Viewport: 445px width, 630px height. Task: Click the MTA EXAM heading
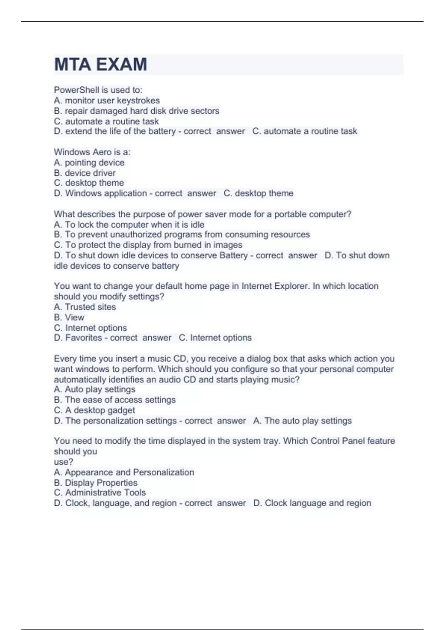pyautogui.click(x=100, y=64)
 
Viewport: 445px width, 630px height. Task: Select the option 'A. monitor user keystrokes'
pyautogui.click(x=107, y=100)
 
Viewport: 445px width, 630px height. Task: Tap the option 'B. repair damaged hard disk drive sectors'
pyautogui.click(x=136, y=111)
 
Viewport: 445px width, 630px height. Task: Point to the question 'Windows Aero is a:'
pyautogui.click(x=92, y=152)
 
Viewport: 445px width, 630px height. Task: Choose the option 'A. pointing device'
pyautogui.click(x=89, y=162)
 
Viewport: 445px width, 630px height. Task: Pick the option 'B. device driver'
pyautogui.click(x=85, y=173)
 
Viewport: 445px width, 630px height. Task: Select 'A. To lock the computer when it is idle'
pyautogui.click(x=129, y=225)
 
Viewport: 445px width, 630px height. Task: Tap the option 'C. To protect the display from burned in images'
pyautogui.click(x=148, y=245)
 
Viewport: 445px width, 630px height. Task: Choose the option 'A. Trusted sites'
pyautogui.click(x=85, y=307)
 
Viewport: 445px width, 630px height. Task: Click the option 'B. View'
pyautogui.click(x=69, y=317)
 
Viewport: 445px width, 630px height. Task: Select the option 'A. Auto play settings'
pyautogui.click(x=95, y=389)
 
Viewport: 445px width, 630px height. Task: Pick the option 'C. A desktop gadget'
pyautogui.click(x=94, y=410)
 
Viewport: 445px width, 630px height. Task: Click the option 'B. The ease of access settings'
pyautogui.click(x=115, y=400)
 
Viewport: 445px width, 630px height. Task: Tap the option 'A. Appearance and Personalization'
pyautogui.click(x=124, y=472)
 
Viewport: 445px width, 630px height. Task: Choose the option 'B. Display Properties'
pyautogui.click(x=95, y=483)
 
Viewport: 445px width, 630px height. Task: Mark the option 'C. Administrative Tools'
pyautogui.click(x=100, y=493)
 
